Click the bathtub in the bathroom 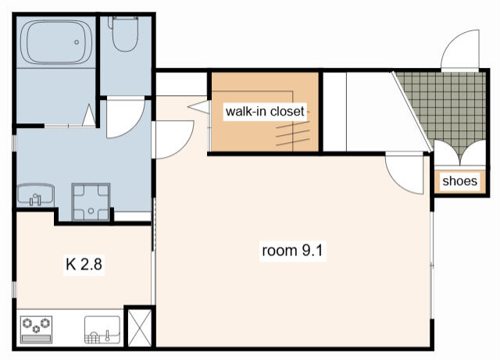[x=56, y=42]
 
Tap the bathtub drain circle [x=77, y=42]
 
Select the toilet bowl [x=125, y=34]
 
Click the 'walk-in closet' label [x=265, y=112]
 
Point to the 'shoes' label [x=459, y=181]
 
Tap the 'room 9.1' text [x=292, y=251]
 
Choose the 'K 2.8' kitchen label [x=84, y=265]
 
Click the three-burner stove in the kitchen [x=36, y=330]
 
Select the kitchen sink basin [x=102, y=330]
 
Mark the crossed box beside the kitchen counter [x=140, y=327]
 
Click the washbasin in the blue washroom [x=35, y=194]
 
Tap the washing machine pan [x=91, y=201]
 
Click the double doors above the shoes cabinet [x=460, y=154]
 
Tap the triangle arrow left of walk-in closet [x=198, y=107]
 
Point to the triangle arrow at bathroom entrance [x=89, y=115]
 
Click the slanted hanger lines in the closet [x=293, y=134]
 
